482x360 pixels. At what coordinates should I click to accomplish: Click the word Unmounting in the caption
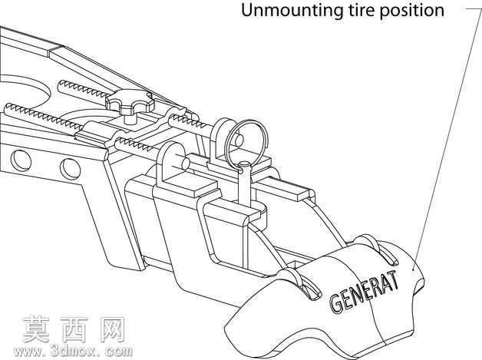click(x=291, y=10)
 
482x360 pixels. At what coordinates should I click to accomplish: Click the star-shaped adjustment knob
click(x=130, y=100)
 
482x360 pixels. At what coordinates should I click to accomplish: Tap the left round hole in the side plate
click(x=21, y=160)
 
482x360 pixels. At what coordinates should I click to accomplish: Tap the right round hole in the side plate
click(x=71, y=168)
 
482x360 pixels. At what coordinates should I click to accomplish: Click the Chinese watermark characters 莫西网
click(x=74, y=329)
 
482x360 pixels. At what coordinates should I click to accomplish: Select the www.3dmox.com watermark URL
click(x=73, y=351)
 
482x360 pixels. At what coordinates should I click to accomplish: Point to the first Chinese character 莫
click(x=35, y=329)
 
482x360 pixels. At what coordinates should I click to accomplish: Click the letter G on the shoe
click(x=336, y=303)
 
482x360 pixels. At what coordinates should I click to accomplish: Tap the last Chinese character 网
click(x=113, y=329)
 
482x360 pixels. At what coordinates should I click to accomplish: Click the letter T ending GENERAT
click(x=393, y=279)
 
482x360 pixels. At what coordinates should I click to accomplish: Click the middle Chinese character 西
click(x=74, y=329)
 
